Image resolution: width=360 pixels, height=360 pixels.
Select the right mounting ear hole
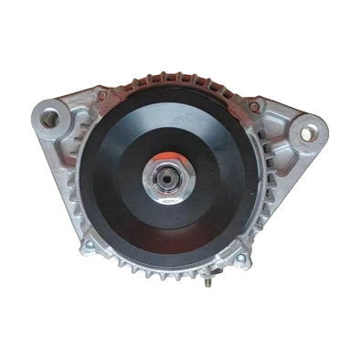[x=306, y=133]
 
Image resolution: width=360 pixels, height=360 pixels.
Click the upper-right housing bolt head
[x=254, y=107]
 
